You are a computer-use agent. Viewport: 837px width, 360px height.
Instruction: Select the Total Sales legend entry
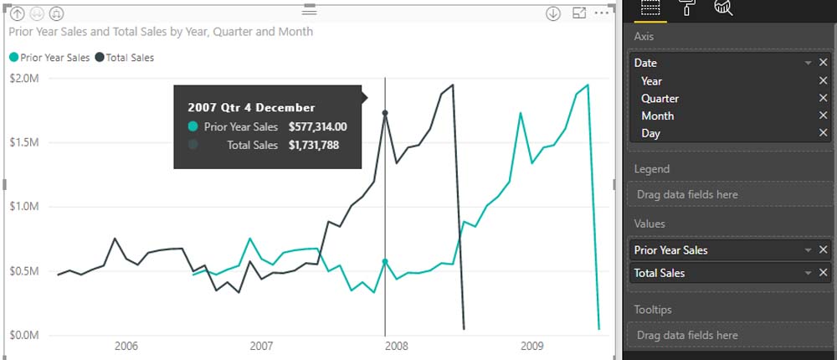[x=128, y=58]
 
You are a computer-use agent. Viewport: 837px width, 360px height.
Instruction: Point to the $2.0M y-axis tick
[x=23, y=79]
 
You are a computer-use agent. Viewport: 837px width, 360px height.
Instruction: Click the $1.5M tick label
[x=23, y=143]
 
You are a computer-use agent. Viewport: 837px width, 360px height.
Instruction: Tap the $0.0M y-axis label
[x=23, y=335]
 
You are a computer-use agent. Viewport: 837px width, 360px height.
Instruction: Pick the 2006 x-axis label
[x=126, y=346]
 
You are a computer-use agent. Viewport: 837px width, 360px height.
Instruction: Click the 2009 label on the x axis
[x=532, y=346]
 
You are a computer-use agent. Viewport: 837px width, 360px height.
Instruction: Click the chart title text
[x=161, y=32]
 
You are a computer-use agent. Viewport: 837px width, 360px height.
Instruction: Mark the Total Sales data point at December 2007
[x=385, y=113]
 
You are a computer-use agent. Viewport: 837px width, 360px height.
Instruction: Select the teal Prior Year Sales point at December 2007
[x=385, y=261]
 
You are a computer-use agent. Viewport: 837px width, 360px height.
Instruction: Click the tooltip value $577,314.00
[x=317, y=127]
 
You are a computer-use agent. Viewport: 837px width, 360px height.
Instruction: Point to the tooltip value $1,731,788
[x=313, y=145]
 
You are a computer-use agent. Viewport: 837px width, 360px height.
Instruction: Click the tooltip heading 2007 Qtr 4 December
[x=251, y=107]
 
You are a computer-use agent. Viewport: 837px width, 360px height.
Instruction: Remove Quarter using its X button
[x=823, y=98]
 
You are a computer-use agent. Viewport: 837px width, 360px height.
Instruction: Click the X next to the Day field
[x=823, y=133]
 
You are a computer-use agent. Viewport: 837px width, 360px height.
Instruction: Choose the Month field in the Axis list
[x=657, y=116]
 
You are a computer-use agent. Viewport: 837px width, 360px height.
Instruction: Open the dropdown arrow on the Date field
[x=808, y=63]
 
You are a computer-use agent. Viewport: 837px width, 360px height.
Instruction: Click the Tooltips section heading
[x=653, y=310]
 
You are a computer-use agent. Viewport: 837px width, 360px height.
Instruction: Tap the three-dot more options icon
[x=602, y=13]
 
